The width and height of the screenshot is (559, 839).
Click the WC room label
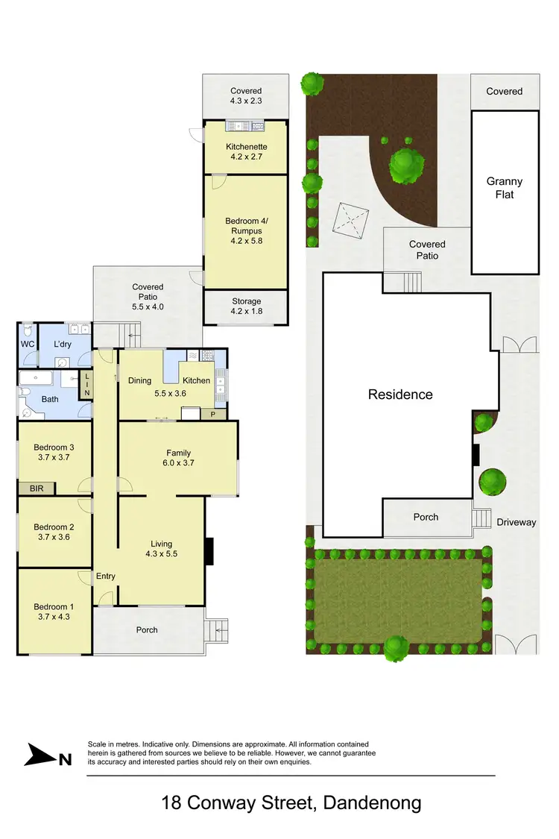click(28, 344)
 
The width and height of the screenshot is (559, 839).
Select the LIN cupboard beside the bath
click(86, 383)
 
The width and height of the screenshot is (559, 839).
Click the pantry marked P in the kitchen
click(213, 414)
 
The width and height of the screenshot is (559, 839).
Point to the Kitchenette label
click(246, 147)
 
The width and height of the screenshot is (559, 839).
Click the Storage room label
click(246, 301)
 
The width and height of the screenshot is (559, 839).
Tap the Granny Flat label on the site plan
click(505, 188)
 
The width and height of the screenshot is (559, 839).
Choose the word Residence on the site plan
click(400, 395)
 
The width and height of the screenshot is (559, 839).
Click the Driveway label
click(517, 522)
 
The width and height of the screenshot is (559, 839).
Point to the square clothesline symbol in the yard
click(350, 221)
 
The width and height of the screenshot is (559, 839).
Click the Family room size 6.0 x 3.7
click(179, 463)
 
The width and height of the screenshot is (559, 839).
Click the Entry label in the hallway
click(106, 576)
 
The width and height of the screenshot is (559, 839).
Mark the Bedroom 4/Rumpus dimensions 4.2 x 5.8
click(246, 241)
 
